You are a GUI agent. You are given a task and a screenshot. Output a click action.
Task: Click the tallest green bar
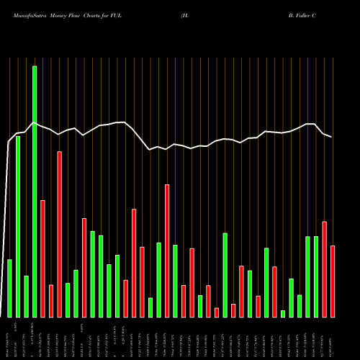coord(35,191)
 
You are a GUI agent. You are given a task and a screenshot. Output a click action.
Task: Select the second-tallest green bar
coord(18,226)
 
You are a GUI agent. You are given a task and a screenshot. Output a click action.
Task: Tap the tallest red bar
coord(60,234)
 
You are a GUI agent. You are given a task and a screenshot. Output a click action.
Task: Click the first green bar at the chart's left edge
coord(9,288)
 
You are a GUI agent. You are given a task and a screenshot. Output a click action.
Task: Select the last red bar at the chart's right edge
coord(333,281)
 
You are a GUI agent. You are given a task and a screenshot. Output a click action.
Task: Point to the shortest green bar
coord(283,313)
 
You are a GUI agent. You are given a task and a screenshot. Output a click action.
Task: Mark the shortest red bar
coord(217,312)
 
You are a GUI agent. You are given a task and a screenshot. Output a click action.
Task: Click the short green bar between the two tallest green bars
coord(26,296)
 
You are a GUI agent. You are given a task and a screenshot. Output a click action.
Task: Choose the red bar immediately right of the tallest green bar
coord(42,258)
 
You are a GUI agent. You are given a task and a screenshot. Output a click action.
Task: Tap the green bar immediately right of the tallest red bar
coord(68,300)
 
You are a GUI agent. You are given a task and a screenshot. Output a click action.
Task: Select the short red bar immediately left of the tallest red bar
coord(51,301)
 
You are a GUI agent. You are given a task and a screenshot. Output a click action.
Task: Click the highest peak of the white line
coord(34,123)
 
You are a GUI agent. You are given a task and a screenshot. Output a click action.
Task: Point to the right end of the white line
coord(332,137)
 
